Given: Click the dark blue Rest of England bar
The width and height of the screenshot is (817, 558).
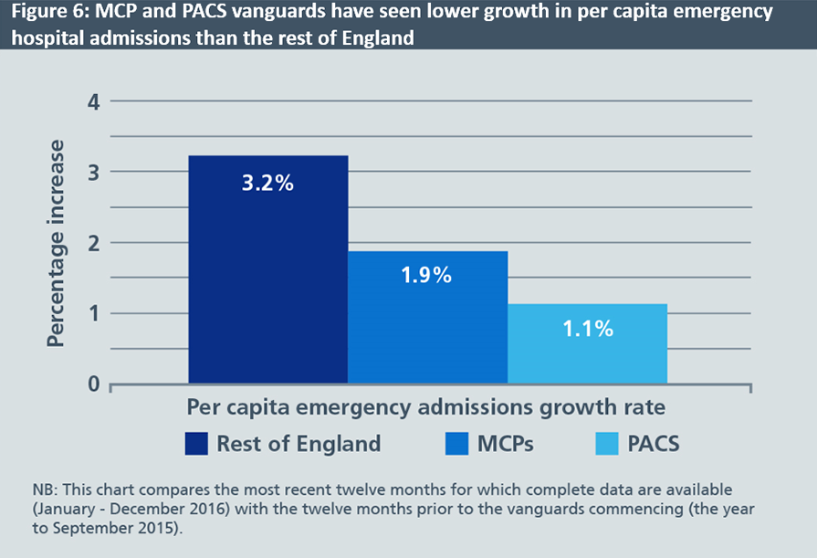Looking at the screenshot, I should point(267,269).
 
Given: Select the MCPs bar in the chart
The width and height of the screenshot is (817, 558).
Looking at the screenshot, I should point(427,317).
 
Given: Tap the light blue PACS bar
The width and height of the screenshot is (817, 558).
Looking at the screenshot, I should point(587,343).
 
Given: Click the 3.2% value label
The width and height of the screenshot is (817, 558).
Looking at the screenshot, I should point(267,184).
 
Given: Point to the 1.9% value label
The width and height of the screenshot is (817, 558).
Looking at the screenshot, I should point(427,275).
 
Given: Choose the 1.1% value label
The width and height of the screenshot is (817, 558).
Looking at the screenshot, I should point(587,329).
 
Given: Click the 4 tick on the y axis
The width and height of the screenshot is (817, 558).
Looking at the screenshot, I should point(92,101).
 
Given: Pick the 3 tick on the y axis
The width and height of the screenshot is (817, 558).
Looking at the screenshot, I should point(92,172).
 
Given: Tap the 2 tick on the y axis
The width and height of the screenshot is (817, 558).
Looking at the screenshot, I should point(92,243).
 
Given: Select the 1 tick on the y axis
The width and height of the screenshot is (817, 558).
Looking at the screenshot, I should point(92,313).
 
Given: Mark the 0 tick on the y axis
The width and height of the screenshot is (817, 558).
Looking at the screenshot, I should point(92,384).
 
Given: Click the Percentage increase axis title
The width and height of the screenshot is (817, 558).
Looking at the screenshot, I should point(57,243).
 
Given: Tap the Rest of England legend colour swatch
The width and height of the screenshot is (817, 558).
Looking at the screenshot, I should point(196,444).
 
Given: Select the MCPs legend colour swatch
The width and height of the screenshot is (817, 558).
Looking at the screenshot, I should point(456,444).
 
